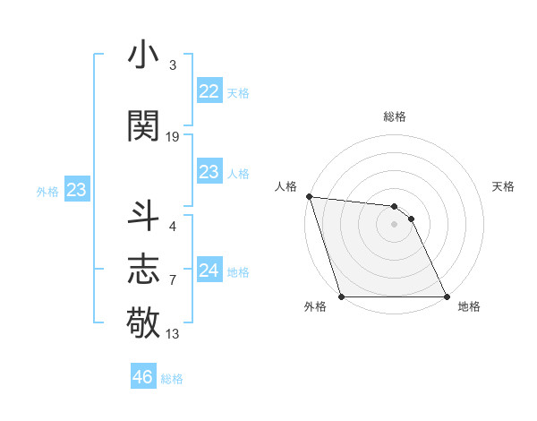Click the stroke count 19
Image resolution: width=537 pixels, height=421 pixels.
point(173,136)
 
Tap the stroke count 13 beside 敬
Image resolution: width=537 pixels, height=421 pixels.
point(173,334)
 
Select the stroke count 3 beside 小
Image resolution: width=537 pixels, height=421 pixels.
point(173,65)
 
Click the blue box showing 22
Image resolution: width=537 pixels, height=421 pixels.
point(209,90)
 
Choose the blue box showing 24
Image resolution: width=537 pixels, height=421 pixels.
point(209,270)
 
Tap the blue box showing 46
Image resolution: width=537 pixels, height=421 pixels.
point(142,376)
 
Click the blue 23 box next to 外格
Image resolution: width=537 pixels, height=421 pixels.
point(76,190)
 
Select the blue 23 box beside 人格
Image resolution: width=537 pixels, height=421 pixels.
point(209,172)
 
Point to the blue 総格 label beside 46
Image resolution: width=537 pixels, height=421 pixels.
point(173,378)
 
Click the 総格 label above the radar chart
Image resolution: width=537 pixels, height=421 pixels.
point(395,116)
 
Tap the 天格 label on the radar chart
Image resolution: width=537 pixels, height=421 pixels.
point(504,186)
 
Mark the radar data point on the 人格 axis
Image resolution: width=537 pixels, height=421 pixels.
point(309,196)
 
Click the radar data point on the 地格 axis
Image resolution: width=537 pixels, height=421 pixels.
point(447,296)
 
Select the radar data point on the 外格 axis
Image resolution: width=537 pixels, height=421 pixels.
point(341,296)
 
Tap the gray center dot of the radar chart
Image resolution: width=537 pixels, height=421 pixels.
point(394,224)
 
